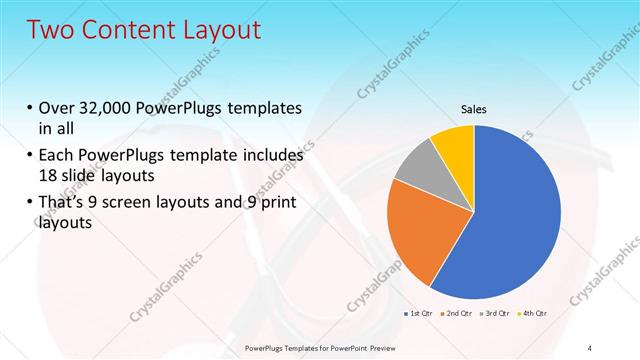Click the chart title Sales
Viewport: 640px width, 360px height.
point(474,110)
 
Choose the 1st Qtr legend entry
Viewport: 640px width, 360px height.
point(418,314)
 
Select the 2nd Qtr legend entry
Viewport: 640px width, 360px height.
point(458,314)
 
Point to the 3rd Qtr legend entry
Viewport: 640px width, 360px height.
point(497,314)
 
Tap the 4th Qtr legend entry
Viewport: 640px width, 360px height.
point(535,314)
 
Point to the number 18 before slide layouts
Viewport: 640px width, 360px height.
point(47,173)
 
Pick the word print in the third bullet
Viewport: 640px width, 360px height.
point(279,204)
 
